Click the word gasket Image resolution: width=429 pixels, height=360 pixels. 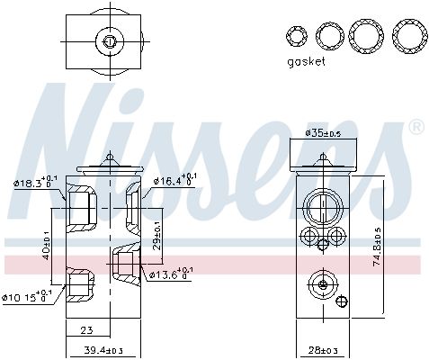click(x=305, y=62)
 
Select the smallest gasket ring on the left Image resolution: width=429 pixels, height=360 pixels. click(x=295, y=36)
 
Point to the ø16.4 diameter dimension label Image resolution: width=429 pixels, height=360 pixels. click(x=173, y=181)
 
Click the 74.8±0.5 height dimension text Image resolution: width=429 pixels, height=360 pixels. click(x=402, y=244)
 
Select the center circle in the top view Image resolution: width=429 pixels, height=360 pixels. click(x=109, y=40)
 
